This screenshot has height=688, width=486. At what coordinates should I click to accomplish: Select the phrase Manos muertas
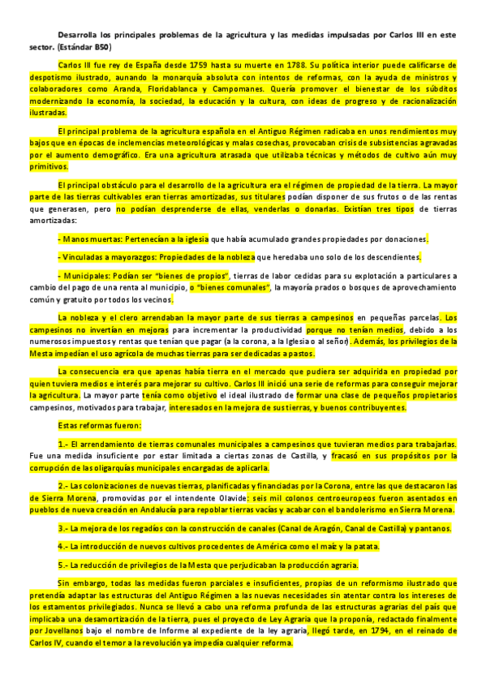coord(88,239)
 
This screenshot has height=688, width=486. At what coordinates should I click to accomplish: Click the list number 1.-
coord(64,445)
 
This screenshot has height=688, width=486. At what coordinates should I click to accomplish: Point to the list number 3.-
coord(64,528)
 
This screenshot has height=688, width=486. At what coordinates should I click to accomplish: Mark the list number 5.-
coord(64,565)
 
